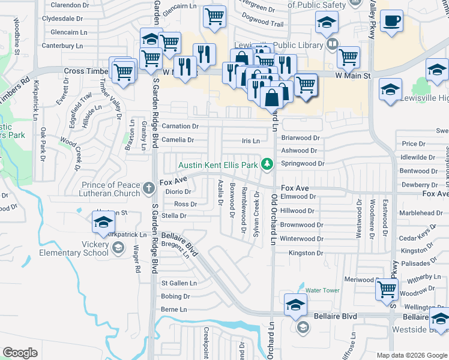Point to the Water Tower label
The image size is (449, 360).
click(323, 290)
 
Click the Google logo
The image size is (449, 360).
click(20, 353)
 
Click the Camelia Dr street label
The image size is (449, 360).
click(179, 140)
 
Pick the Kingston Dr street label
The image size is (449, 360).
click(306, 253)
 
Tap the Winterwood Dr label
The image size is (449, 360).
click(302, 239)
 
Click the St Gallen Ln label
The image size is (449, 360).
click(179, 283)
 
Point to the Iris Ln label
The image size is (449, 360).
click(250, 141)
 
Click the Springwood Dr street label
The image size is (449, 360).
click(303, 163)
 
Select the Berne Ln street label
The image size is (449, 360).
click(174, 310)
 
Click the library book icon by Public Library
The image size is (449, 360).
click(332, 43)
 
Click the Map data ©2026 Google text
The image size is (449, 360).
click(412, 355)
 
